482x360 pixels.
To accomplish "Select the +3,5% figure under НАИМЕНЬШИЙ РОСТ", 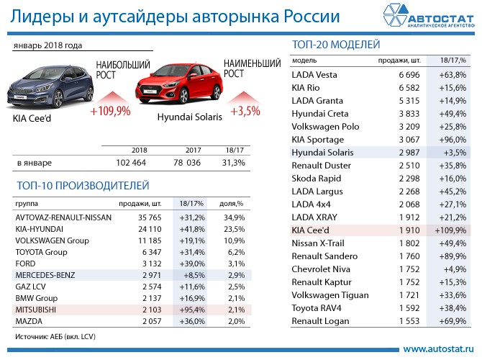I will point(245,112).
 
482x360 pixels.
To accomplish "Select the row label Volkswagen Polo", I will point(325,127).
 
